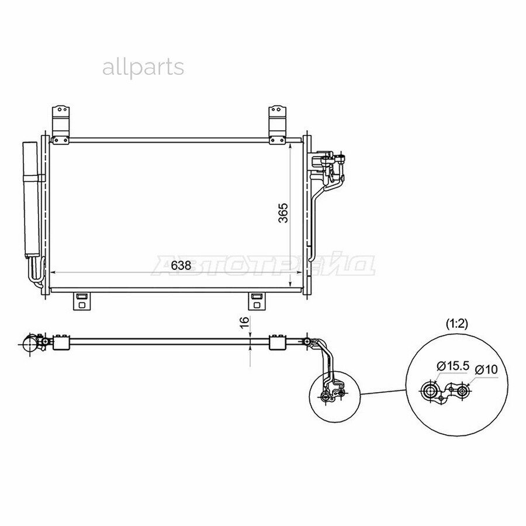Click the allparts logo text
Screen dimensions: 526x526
click(x=143, y=69)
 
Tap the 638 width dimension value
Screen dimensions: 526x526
click(x=181, y=265)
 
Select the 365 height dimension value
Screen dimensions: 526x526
click(x=283, y=212)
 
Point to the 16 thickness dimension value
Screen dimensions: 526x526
click(x=245, y=321)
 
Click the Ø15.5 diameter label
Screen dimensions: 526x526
click(x=452, y=366)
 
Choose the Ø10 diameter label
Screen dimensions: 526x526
click(x=486, y=370)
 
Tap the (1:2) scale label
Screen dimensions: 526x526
click(x=456, y=323)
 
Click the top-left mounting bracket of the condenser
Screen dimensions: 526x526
click(x=61, y=125)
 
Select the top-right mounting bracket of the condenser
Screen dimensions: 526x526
click(x=278, y=125)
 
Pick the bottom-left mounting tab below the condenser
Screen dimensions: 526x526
click(x=82, y=301)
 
